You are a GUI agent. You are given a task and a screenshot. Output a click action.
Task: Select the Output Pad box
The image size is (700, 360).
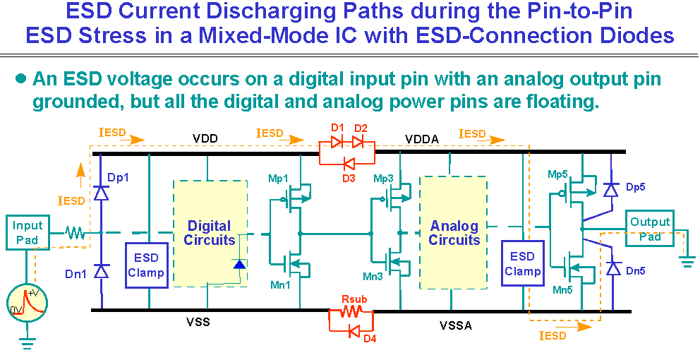(x=650, y=229)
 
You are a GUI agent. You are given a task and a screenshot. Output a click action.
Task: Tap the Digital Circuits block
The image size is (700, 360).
(x=209, y=233)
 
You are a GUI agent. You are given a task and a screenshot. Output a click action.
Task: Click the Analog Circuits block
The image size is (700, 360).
(x=454, y=233)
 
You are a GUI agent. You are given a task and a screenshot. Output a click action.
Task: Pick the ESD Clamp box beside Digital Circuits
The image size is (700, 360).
(x=146, y=265)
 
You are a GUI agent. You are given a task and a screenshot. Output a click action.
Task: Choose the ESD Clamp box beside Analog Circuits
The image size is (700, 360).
(x=522, y=263)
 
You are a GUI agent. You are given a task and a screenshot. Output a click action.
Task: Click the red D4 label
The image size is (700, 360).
(x=370, y=338)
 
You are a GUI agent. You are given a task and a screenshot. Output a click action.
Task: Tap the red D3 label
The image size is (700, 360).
(x=349, y=178)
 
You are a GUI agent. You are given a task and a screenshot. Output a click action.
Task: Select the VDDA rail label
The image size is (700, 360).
(x=422, y=139)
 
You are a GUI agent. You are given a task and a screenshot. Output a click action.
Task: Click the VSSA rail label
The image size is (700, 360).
(x=455, y=325)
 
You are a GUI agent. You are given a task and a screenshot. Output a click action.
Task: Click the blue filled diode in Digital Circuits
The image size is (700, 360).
(x=239, y=265)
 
